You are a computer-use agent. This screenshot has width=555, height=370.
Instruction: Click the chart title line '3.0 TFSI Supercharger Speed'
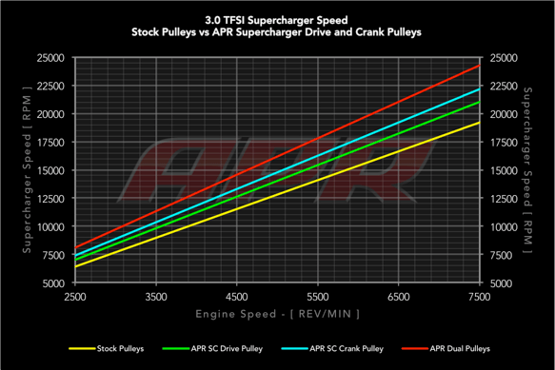click(276, 18)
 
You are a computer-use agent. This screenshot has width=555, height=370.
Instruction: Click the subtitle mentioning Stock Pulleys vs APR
click(276, 31)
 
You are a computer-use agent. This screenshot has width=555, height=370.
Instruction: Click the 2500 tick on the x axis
click(76, 298)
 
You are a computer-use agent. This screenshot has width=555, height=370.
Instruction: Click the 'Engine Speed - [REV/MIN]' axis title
click(276, 313)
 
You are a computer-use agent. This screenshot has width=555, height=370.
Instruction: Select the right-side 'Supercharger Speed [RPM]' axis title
click(526, 170)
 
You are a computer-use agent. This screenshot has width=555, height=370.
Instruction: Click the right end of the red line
click(479, 66)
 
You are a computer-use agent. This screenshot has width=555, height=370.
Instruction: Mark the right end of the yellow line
click(479, 122)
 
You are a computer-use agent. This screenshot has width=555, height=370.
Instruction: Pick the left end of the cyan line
click(75, 256)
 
